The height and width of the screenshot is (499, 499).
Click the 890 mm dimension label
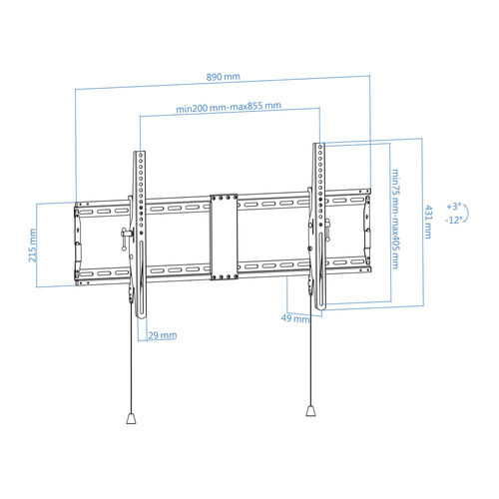pos(223,77)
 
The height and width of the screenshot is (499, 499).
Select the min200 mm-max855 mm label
pos(229,107)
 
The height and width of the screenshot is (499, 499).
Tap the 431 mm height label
pos(428,222)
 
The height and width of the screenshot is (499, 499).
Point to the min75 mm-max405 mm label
pos(395,219)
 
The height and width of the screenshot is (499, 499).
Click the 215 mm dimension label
pos(32,246)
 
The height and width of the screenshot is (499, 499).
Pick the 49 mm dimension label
pos(295,318)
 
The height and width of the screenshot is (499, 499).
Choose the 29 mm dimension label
pos(163,335)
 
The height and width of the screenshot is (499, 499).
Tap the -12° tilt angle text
pos(454,220)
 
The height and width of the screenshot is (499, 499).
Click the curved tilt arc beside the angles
pos(468,213)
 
